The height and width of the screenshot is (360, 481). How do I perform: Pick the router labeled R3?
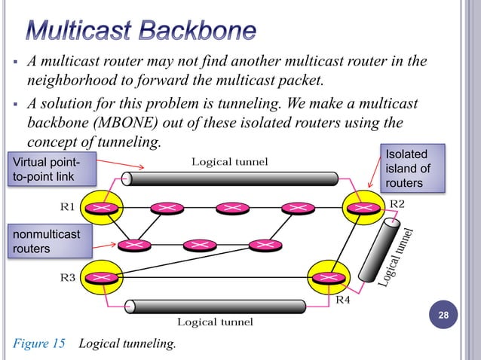tap(103, 278)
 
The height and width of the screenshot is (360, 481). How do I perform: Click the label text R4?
tap(343, 300)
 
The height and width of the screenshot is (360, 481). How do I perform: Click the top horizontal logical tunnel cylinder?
tap(230, 178)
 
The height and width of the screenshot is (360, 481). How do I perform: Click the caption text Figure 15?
tap(38, 344)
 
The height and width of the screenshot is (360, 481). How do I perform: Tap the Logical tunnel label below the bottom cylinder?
tap(215, 322)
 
